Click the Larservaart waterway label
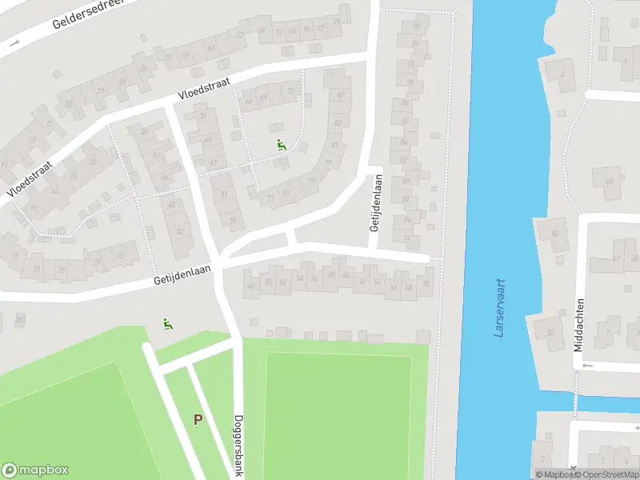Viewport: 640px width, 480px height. [501, 306]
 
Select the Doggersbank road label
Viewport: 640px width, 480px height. [238, 445]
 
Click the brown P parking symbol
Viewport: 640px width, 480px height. [198, 418]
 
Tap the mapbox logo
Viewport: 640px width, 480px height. [35, 470]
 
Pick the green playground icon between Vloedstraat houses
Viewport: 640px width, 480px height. [281, 145]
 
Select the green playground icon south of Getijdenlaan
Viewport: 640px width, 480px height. [167, 324]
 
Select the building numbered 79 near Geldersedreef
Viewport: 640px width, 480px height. [337, 22]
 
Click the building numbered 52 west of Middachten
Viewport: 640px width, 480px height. [550, 334]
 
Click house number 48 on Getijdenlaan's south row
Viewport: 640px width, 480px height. [250, 286]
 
